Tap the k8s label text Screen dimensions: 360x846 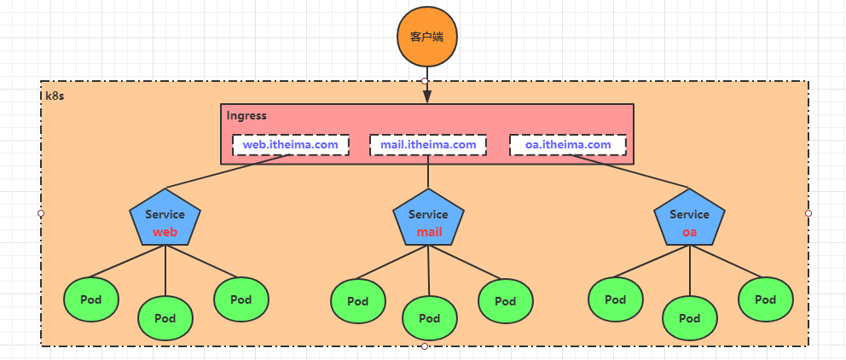(55, 96)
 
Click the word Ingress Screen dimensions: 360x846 (246, 115)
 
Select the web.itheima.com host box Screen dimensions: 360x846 (291, 145)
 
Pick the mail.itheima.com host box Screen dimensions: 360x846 (428, 145)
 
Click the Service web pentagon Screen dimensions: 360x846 (165, 221)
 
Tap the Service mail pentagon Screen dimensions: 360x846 (428, 221)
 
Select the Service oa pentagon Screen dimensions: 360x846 (689, 221)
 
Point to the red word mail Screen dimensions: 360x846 (429, 232)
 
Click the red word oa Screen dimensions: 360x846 (689, 232)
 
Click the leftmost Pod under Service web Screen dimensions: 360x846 (91, 299)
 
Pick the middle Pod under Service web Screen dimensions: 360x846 (165, 318)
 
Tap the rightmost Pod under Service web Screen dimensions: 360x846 (241, 299)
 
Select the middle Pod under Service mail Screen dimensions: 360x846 (429, 318)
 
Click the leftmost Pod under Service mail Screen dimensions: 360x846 (357, 301)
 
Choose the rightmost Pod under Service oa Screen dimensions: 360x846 (765, 299)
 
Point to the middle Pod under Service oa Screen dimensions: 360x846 (690, 318)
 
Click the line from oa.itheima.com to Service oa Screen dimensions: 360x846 (640, 173)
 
